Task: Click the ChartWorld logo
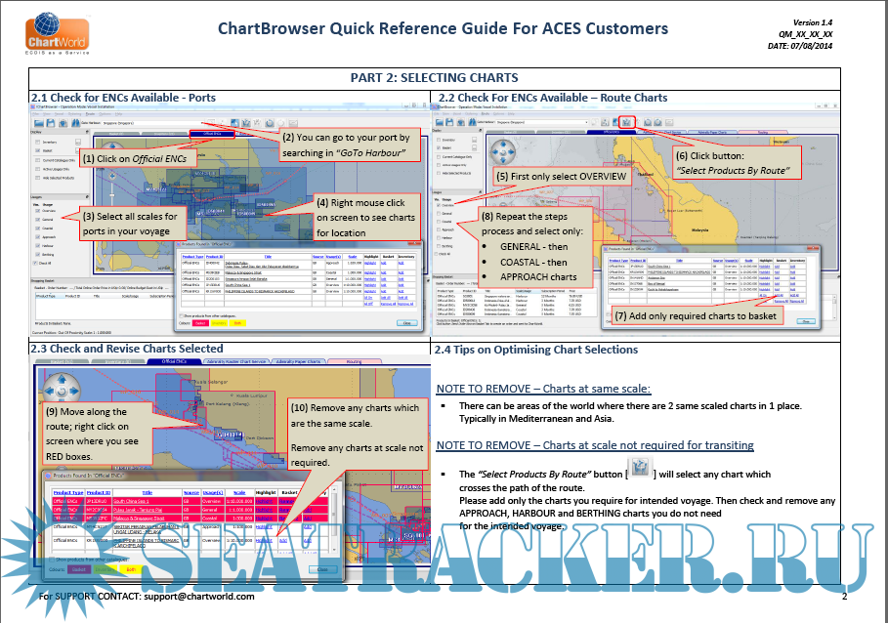[x=45, y=31]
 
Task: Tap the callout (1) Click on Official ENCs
[x=134, y=157]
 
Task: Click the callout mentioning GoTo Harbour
[x=346, y=145]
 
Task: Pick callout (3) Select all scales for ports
[x=130, y=224]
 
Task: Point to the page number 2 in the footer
[x=843, y=596]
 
